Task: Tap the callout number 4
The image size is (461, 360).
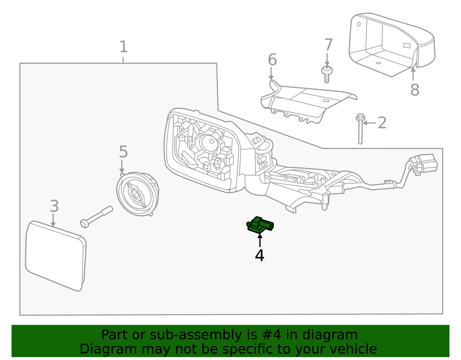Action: click(259, 256)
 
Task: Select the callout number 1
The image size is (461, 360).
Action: click(123, 47)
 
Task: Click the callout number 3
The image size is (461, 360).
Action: click(54, 206)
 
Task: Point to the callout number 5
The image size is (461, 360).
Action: click(123, 152)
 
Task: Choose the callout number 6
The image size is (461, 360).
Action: click(272, 60)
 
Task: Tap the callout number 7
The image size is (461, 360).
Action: click(328, 45)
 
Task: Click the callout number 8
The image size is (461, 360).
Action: click(415, 90)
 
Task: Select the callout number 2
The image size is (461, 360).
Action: click(382, 123)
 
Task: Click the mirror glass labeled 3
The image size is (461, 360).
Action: click(55, 256)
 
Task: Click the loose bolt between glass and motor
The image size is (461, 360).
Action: click(96, 217)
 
